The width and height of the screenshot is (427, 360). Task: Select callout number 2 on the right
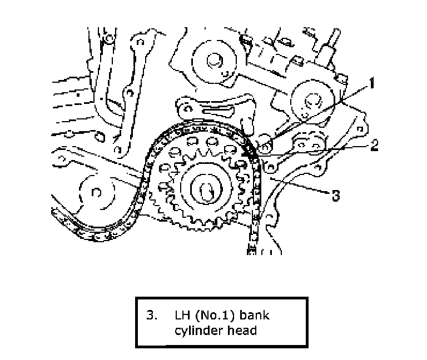coord(374,146)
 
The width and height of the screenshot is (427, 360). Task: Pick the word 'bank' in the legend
coord(256,316)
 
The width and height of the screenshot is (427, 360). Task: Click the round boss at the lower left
coord(95,192)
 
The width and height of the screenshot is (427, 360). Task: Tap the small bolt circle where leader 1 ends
coord(266,146)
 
